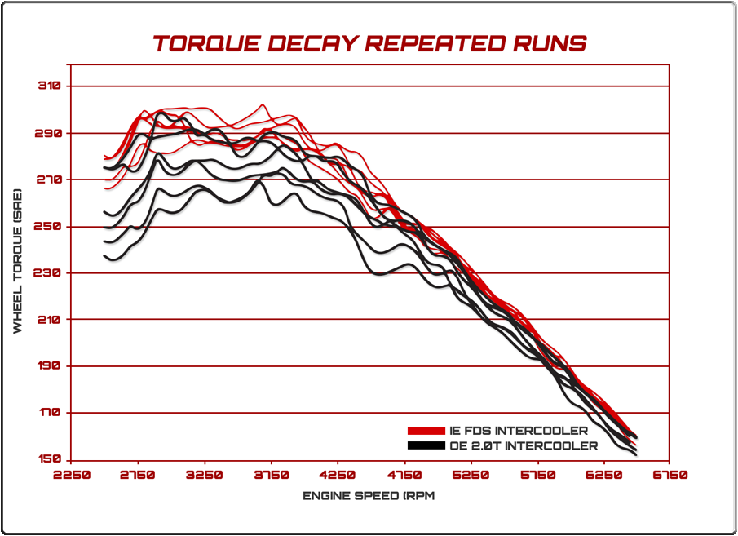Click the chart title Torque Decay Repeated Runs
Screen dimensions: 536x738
pyautogui.click(x=369, y=43)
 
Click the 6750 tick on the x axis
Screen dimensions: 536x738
pyautogui.click(x=670, y=475)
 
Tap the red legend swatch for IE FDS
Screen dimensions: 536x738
pyautogui.click(x=426, y=430)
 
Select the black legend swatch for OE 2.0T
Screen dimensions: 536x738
pyautogui.click(x=426, y=445)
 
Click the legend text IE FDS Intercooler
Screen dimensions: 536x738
pyautogui.click(x=517, y=430)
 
